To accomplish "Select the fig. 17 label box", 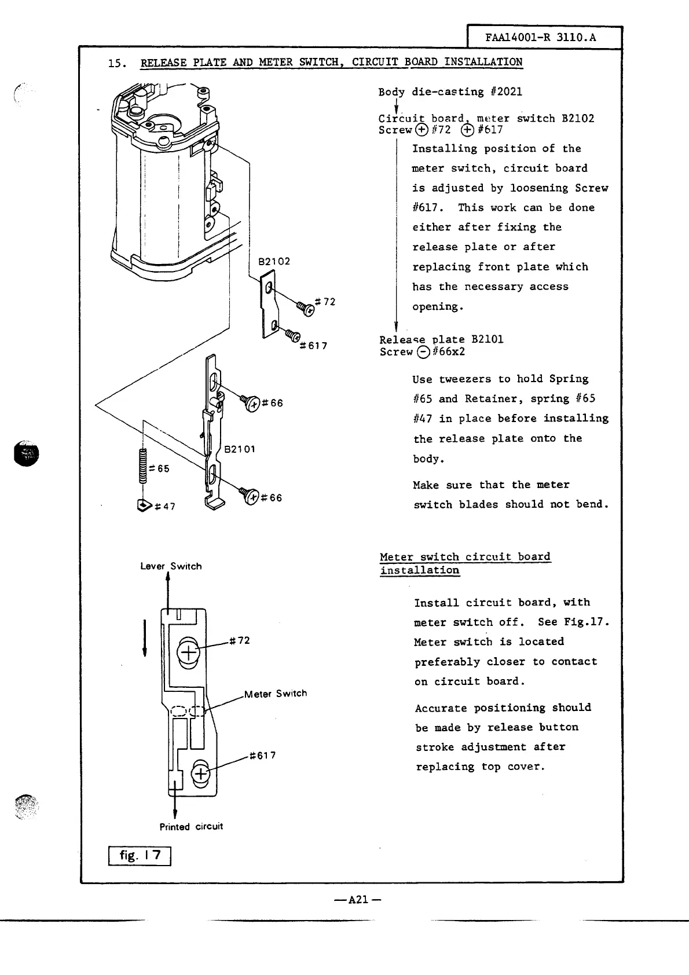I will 140,855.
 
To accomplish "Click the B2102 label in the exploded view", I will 274,261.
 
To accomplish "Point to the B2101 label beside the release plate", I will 239,449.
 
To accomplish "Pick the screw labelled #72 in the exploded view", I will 306,308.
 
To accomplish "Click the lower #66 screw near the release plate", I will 250,496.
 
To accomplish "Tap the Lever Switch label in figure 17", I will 171,566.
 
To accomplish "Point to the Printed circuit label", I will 191,827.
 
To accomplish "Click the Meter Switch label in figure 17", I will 276,694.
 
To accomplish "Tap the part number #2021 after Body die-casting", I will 506,91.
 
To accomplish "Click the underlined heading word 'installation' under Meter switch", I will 420,570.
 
